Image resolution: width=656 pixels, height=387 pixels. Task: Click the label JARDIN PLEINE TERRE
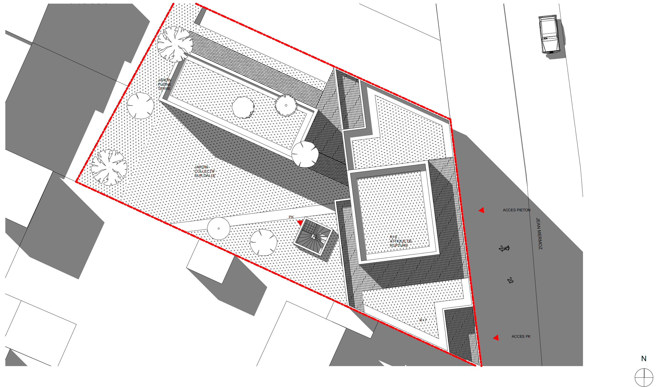point(164,84)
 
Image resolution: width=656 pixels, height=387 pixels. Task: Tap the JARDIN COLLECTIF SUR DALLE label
point(205,171)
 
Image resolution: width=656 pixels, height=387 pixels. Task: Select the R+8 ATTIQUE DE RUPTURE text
point(400,241)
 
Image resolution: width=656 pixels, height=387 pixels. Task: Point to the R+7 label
point(423,320)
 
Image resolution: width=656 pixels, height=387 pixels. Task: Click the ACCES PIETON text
point(516,210)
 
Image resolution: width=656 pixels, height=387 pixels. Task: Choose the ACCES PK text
point(521,336)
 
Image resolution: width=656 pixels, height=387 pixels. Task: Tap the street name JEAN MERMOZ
point(539,234)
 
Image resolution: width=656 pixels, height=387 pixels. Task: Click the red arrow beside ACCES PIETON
point(482,210)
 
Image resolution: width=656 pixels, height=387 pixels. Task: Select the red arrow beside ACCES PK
point(496,337)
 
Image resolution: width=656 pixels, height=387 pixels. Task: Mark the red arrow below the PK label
point(300,222)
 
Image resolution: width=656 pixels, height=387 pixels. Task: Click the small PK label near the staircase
point(291,217)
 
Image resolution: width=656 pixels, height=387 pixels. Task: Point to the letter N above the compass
point(643,359)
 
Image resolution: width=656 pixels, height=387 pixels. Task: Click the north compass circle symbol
point(644,377)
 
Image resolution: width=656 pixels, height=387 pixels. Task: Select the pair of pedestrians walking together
point(504,248)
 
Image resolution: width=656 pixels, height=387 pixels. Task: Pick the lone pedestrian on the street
point(510,281)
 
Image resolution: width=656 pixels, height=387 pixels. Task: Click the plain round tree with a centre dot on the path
point(219,228)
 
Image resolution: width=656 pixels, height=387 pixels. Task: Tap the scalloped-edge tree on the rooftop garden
point(286,106)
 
